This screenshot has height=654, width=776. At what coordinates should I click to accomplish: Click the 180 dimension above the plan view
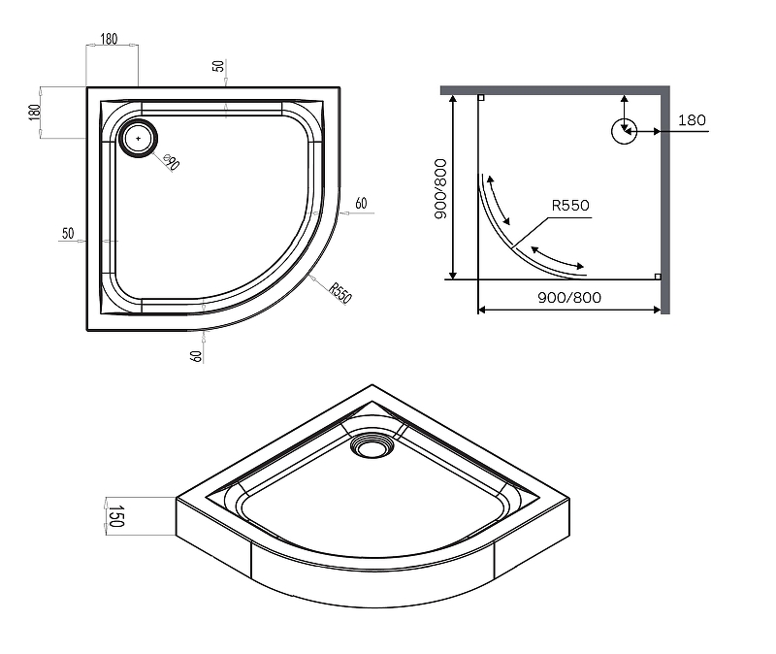[109, 39]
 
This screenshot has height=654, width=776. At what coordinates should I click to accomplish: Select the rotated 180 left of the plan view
[34, 113]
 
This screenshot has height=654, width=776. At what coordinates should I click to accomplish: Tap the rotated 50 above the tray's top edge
[218, 66]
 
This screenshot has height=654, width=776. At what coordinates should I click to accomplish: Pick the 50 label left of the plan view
[68, 233]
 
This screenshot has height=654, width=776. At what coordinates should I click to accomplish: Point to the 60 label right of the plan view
[361, 204]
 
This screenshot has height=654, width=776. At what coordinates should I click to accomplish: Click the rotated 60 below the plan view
[196, 355]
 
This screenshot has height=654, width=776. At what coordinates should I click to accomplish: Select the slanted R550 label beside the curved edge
[340, 293]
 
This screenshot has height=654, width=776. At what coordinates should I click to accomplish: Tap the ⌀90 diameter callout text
[172, 162]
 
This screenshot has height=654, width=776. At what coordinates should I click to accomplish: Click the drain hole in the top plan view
[138, 139]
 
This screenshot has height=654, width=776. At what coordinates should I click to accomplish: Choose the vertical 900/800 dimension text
[440, 188]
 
